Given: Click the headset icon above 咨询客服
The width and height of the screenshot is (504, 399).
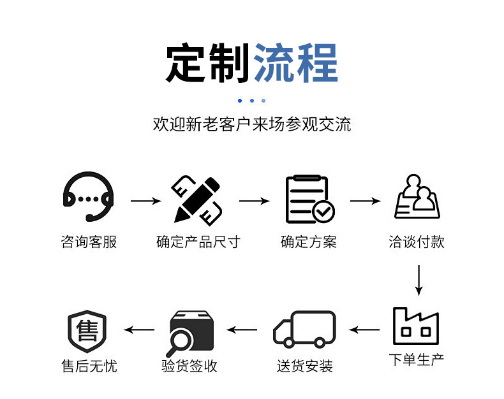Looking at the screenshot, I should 89,198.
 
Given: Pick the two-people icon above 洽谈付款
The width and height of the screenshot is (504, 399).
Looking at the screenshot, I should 418,196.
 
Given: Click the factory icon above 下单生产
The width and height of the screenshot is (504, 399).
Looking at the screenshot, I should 416,326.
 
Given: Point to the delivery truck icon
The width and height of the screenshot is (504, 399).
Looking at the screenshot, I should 304,329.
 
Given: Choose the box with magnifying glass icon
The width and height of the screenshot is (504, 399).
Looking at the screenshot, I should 191,331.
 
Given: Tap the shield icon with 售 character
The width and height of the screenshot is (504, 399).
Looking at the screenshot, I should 87,330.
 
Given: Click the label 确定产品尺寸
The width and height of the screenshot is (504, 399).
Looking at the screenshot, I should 198,242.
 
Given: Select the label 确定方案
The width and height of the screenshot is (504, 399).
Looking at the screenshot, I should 309,242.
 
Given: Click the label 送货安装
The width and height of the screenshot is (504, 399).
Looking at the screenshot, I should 305,366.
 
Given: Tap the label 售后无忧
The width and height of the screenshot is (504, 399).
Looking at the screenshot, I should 89,366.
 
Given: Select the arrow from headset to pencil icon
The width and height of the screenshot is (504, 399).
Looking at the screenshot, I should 146,201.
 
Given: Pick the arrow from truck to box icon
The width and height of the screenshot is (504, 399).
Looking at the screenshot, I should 242,330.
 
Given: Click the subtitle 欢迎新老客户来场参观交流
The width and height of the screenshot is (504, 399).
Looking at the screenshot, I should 252,124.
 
